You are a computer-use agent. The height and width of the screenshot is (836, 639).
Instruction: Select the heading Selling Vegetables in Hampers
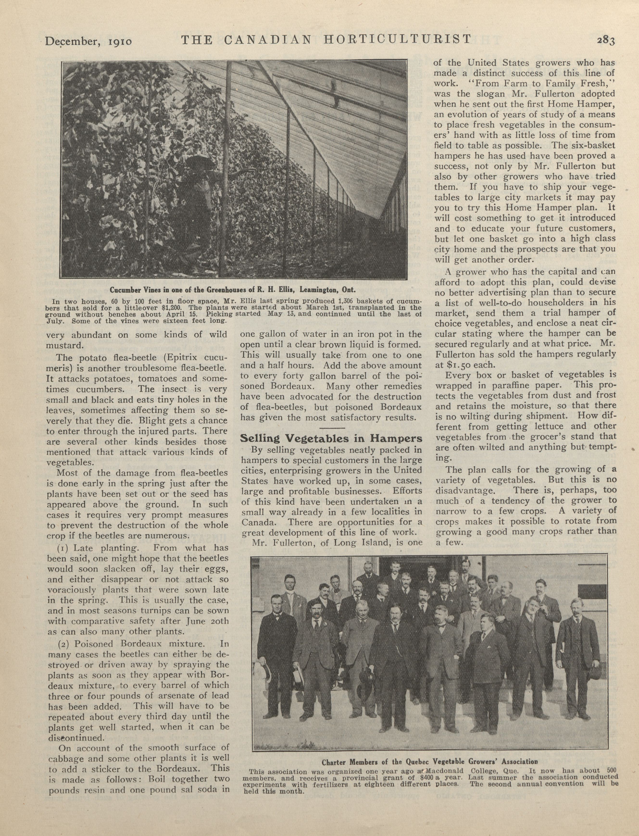pos(331,438)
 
